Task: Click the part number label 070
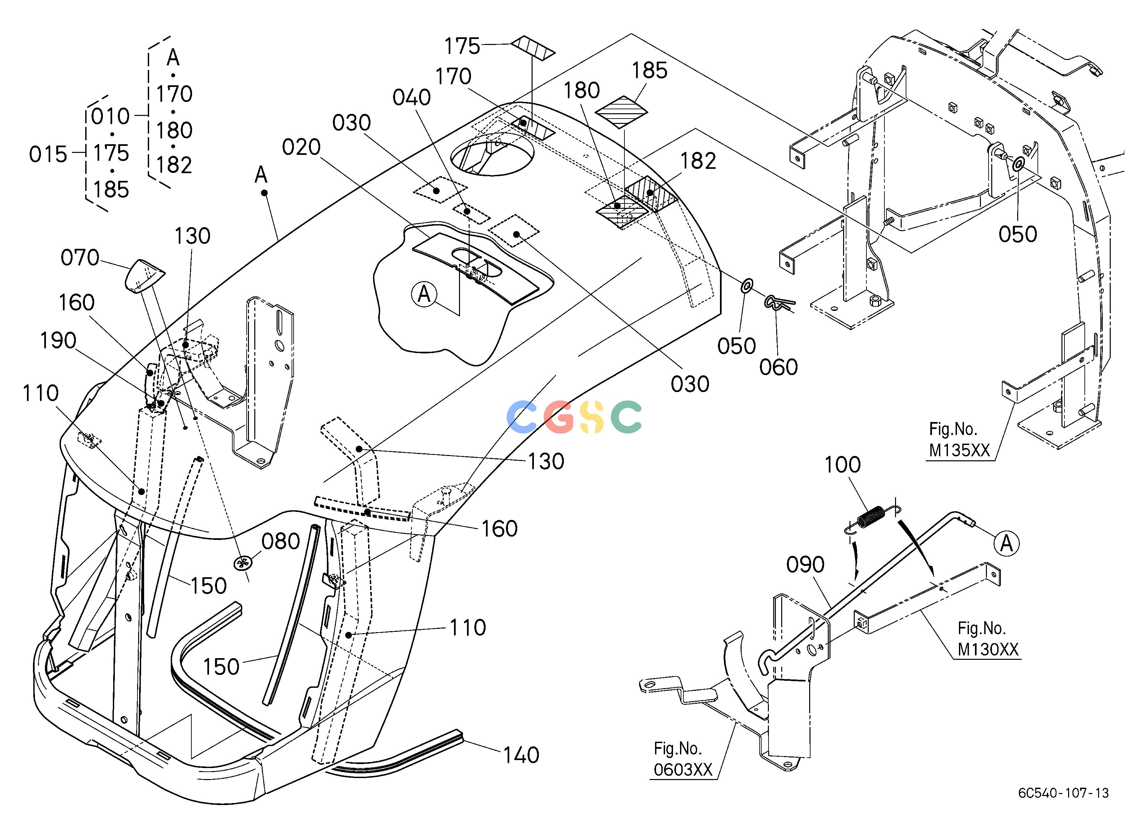point(80,258)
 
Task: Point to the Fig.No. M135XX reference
point(959,440)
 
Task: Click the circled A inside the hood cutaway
point(424,294)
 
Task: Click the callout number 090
point(805,565)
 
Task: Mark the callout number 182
point(698,161)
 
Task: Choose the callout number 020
point(301,147)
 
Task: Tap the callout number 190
point(58,341)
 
